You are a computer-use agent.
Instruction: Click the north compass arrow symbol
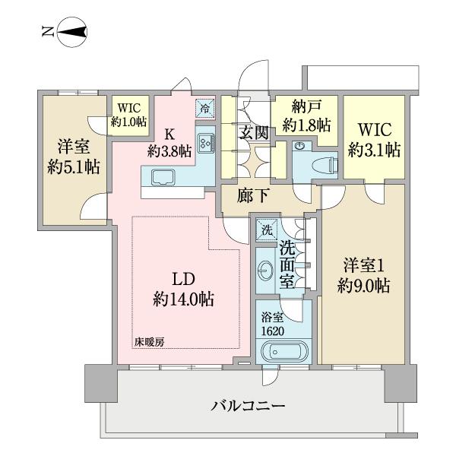click(x=67, y=31)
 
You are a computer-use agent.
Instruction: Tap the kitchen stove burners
click(x=205, y=143)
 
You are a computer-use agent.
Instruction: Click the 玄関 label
click(x=254, y=133)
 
